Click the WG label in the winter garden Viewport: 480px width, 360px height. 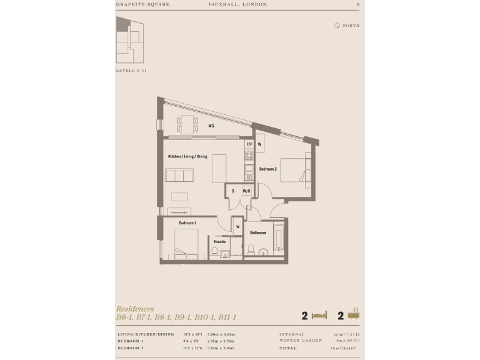point(211,126)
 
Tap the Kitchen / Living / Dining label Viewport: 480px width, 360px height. point(187,156)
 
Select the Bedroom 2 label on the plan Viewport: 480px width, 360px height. point(268,169)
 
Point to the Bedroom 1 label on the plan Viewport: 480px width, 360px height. point(187,223)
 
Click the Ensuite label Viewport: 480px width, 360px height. point(219,241)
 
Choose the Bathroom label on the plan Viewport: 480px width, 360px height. point(258,232)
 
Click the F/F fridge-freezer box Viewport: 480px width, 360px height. point(249,144)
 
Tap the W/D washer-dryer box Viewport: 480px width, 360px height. point(247,191)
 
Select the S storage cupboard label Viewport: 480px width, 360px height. point(233,191)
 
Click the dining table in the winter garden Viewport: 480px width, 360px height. point(187,124)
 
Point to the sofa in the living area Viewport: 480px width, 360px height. point(179,176)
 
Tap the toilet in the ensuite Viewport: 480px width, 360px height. point(214,251)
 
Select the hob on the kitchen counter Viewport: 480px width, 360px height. point(248,154)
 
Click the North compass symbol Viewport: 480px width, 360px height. point(337,26)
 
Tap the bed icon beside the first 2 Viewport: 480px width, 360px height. point(319,315)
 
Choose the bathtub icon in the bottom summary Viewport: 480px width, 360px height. point(354,314)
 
